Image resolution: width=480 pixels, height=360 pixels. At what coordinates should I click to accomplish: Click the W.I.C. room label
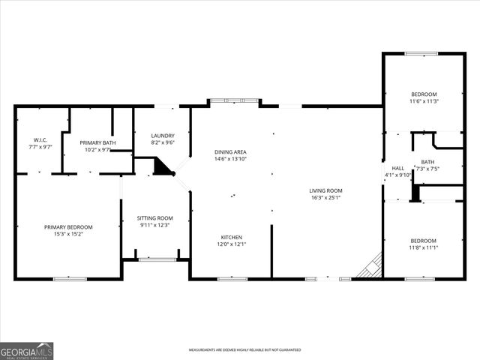click(41, 139)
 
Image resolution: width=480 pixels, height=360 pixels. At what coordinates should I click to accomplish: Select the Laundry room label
click(163, 135)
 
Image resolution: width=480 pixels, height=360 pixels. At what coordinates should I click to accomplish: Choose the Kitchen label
click(231, 236)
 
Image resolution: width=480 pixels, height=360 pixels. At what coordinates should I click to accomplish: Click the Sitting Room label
click(154, 218)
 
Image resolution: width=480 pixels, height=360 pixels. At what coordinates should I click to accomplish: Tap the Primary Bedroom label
click(67, 227)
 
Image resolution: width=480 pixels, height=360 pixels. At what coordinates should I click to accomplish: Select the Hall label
click(398, 168)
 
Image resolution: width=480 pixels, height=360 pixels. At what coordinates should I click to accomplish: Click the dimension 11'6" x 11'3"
click(424, 101)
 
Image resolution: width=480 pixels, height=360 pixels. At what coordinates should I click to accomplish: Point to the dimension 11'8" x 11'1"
click(424, 247)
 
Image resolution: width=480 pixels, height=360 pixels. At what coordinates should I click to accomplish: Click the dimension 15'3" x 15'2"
click(67, 234)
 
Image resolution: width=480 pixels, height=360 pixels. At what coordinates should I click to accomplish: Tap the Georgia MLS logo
click(26, 351)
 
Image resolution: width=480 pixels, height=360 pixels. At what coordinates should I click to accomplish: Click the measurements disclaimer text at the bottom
click(244, 350)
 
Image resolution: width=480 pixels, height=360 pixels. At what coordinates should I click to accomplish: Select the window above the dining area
click(235, 100)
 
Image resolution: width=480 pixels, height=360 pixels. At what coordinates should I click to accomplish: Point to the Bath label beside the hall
click(427, 162)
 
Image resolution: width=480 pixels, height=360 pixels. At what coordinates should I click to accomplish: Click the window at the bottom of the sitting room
click(157, 259)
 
